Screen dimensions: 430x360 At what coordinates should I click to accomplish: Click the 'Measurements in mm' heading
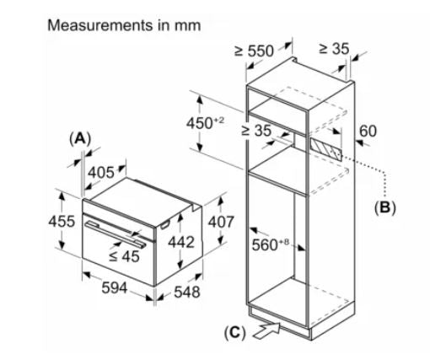click(x=124, y=25)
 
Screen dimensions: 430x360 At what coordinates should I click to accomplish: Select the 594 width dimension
click(x=115, y=288)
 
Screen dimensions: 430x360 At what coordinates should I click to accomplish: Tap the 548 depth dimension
click(x=187, y=292)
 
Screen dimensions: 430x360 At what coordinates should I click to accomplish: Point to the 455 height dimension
click(x=62, y=221)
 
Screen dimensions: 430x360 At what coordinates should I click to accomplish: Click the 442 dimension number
click(x=181, y=242)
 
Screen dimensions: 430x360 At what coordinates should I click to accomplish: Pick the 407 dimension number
click(x=221, y=222)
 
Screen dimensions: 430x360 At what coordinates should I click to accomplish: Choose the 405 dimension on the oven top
click(x=101, y=173)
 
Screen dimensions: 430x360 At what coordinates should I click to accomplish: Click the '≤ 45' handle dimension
click(x=124, y=256)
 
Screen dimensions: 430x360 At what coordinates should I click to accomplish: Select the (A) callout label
click(x=80, y=139)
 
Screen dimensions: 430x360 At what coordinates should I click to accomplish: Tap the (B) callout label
click(x=385, y=208)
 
